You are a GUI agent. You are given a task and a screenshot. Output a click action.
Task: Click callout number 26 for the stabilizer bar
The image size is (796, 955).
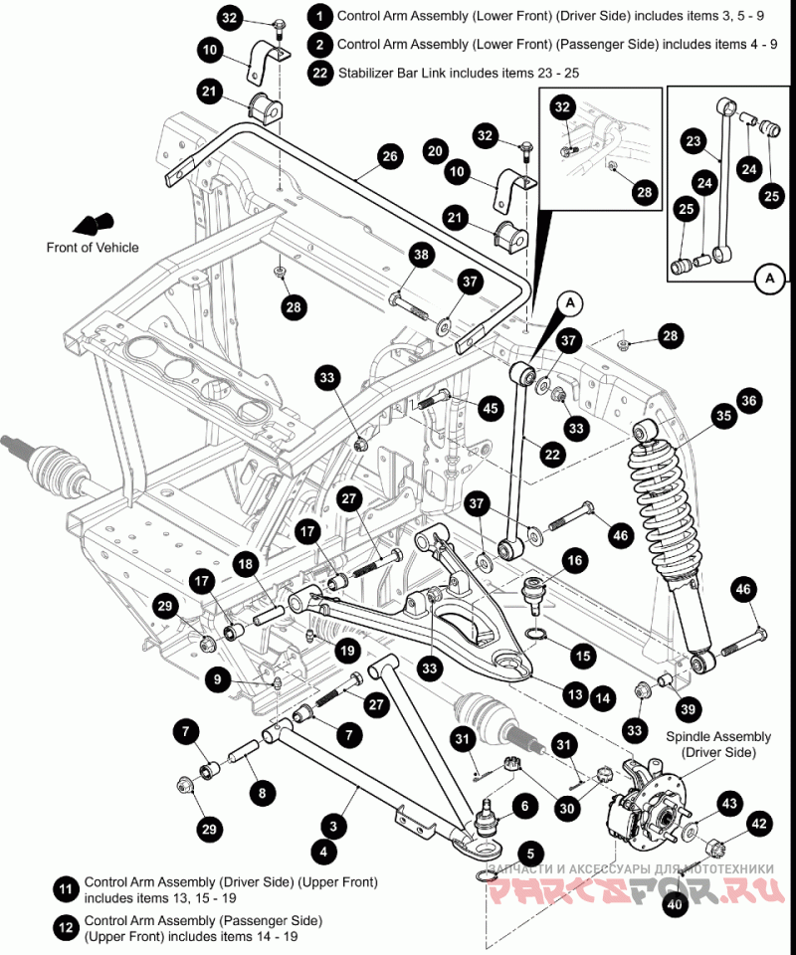(x=389, y=156)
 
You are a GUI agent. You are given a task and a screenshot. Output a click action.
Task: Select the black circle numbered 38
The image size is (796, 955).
(x=421, y=256)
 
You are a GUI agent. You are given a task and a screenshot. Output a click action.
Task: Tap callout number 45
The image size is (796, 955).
(x=491, y=407)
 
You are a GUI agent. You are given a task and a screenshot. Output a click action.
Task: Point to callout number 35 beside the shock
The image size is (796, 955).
(x=721, y=416)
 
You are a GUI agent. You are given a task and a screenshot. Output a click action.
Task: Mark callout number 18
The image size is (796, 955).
(x=246, y=564)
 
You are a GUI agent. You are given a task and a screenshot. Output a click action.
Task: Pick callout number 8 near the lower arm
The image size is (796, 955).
(x=262, y=793)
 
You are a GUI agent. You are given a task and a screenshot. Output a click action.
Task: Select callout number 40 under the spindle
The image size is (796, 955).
(x=676, y=904)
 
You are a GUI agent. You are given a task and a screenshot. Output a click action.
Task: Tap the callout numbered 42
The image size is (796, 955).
(x=759, y=824)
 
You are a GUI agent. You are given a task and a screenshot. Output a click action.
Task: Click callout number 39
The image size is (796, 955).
(x=688, y=709)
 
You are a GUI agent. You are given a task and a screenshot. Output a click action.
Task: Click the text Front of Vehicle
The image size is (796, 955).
(x=93, y=248)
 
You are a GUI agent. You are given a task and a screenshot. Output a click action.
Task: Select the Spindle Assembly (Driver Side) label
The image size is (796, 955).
(x=718, y=744)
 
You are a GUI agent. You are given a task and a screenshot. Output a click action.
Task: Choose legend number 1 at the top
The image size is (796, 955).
(x=319, y=16)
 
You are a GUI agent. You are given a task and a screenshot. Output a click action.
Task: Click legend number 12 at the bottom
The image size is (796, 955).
(x=66, y=928)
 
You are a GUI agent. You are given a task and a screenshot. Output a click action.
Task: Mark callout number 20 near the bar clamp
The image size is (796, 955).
(x=435, y=151)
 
